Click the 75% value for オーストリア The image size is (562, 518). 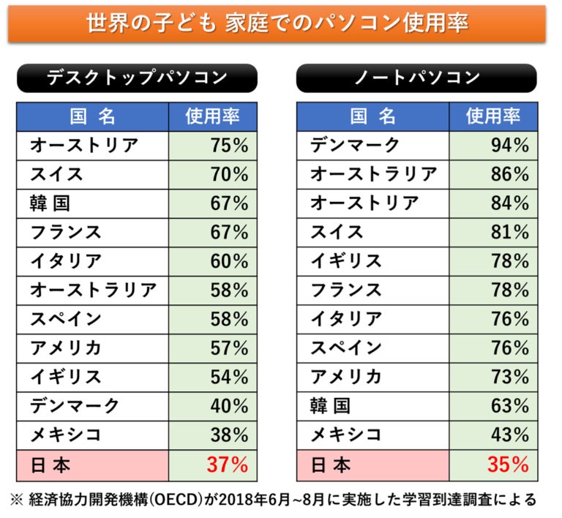[x=229, y=146]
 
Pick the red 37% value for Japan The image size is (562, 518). [x=229, y=465]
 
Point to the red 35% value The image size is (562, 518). [x=509, y=465]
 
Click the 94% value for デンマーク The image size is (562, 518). [x=510, y=146]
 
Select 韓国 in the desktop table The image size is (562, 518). [x=50, y=203]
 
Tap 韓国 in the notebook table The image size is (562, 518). [x=331, y=406]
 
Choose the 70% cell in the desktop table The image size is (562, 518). [x=229, y=175]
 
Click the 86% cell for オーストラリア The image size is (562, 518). [x=510, y=175]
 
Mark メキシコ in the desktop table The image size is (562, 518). [x=65, y=435]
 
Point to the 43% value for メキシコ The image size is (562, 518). [x=510, y=435]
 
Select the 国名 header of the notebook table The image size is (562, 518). [x=372, y=116]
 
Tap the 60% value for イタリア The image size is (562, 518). [x=229, y=261]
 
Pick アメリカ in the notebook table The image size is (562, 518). [x=345, y=378]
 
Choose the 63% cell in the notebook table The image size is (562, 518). [x=510, y=406]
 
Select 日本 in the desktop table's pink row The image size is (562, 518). [x=50, y=465]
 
